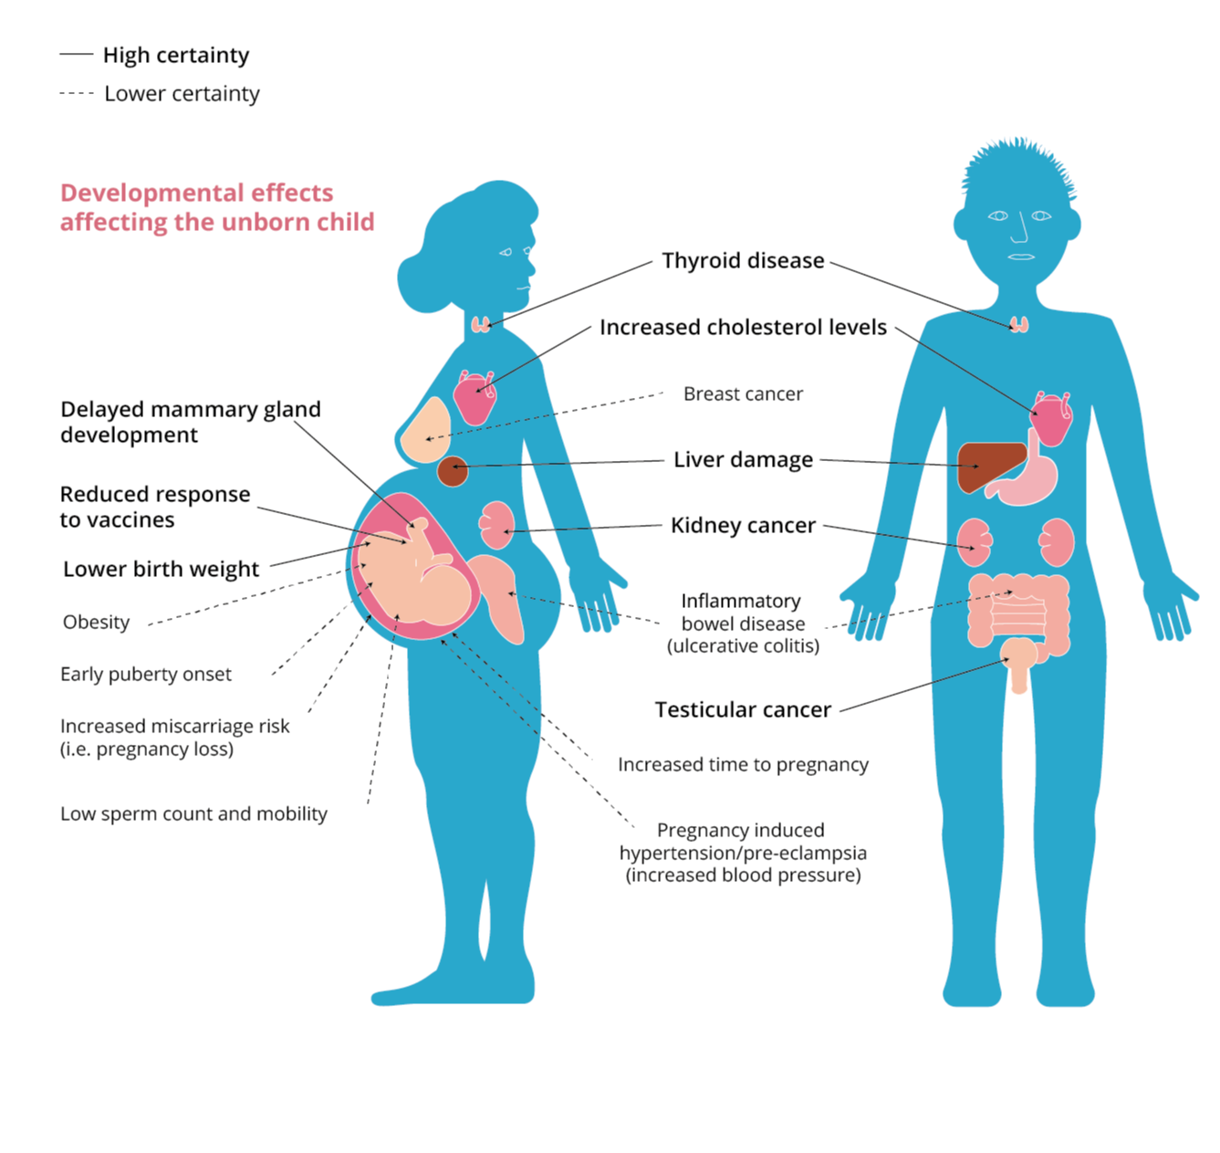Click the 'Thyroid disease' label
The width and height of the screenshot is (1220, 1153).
[743, 261]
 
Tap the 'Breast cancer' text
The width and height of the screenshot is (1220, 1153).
[743, 394]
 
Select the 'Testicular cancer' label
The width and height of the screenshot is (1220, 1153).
[743, 710]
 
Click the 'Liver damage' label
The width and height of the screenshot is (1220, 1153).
[743, 460]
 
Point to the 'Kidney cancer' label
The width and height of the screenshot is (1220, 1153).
[743, 526]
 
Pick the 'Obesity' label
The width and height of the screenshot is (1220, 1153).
[96, 623]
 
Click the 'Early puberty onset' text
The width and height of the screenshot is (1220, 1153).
[146, 675]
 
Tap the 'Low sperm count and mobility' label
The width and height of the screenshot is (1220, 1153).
[193, 814]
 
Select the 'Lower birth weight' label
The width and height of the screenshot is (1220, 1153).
[161, 570]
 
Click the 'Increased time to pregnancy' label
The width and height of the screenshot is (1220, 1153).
[743, 765]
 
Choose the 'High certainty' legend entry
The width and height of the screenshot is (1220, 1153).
[175, 56]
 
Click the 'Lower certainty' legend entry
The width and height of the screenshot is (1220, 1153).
[182, 94]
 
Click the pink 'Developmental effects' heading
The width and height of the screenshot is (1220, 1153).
[216, 207]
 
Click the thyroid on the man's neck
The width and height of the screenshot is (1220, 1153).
[1019, 324]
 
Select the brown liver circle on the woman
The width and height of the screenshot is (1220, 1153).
[453, 472]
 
